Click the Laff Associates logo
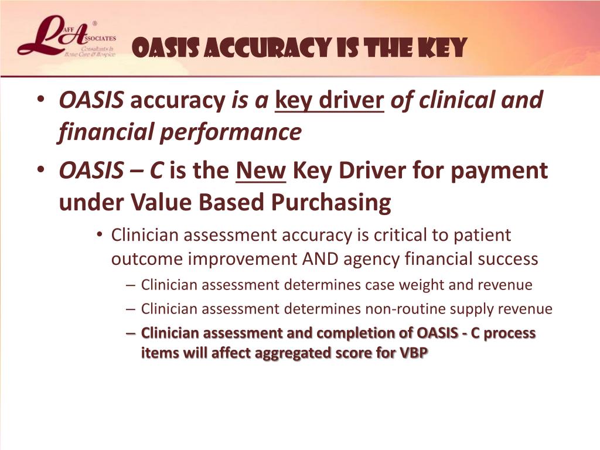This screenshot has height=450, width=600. point(67,37)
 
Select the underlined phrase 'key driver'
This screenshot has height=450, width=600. point(329,101)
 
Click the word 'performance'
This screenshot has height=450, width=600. point(231,133)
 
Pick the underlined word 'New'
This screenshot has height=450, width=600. point(261,171)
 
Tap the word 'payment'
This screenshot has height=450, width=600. point(499,172)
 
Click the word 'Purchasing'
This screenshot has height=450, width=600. point(332,203)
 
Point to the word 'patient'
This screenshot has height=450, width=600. point(482,236)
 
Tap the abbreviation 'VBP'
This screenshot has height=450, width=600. point(414,353)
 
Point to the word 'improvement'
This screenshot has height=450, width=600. point(243,260)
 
